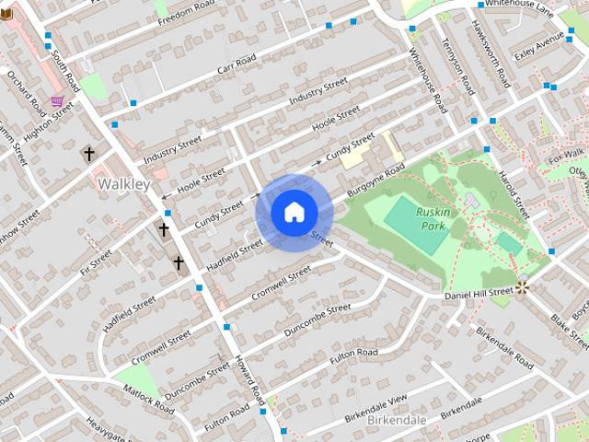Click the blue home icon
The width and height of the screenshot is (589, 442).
294,213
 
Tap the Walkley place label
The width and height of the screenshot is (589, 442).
122,184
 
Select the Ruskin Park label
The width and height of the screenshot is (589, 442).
432,217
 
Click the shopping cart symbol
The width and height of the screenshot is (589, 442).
57,101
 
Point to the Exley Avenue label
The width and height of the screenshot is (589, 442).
538,46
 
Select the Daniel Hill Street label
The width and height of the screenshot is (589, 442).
478,293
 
